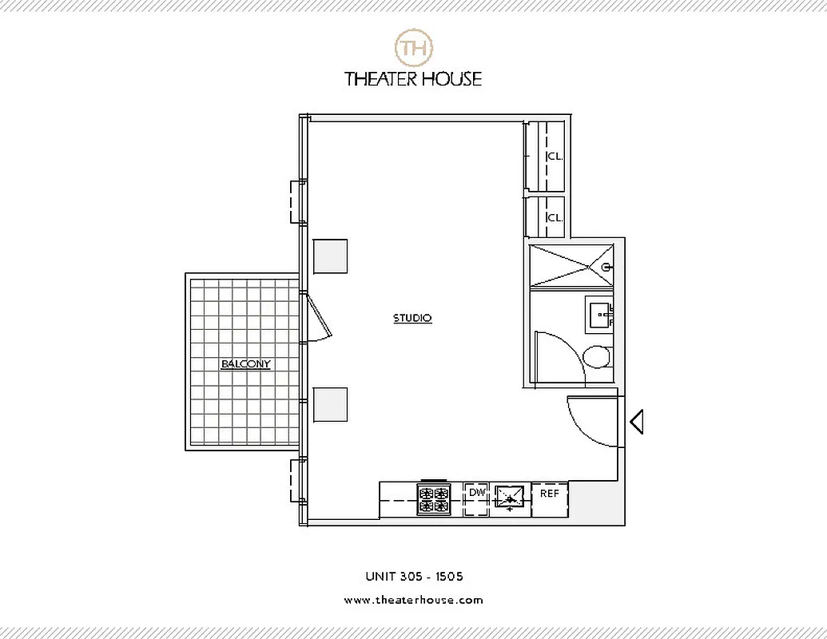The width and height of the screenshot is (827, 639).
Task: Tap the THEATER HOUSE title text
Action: pos(413,78)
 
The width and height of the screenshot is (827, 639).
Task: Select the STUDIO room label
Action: pos(412,318)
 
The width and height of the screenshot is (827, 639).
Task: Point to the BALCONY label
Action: pos(245,364)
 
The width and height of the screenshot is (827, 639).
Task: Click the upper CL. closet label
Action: pos(555,157)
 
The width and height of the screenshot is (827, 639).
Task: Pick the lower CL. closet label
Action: pos(555,217)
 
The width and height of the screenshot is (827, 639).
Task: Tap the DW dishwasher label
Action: pos(477,492)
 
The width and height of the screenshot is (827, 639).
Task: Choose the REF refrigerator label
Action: pos(550,493)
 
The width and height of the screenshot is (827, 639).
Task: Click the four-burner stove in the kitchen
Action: pos(434,499)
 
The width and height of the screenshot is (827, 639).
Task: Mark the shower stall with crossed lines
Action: pos(571,264)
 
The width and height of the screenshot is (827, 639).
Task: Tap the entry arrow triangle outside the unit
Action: pos(637,421)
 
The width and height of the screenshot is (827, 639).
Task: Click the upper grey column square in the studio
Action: pos(330,256)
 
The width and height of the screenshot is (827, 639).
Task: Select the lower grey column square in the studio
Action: pos(330,404)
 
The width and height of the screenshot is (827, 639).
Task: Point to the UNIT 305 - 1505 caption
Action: pos(414,576)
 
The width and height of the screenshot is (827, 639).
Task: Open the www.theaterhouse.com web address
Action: pos(413,600)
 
